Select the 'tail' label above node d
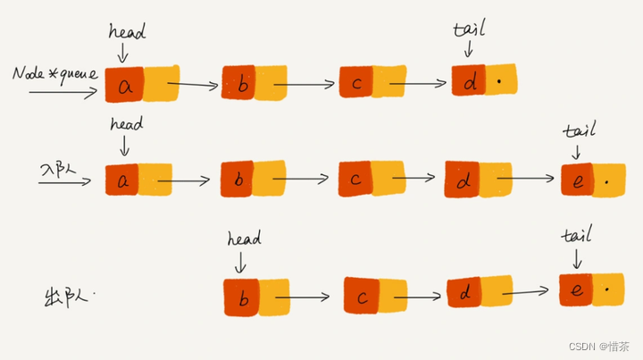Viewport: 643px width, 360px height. pos(470,28)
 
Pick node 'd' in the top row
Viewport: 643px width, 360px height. pos(468,81)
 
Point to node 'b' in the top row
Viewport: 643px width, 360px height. pos(238,85)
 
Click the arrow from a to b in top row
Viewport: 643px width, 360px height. pos(192,87)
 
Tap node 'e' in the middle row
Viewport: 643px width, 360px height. pos(578,181)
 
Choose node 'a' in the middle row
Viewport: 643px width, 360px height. pos(122,180)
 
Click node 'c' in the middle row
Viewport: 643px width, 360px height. pos(355,180)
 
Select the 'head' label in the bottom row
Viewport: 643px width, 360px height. pos(243,239)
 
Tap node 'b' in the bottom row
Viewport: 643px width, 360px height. pos(241,297)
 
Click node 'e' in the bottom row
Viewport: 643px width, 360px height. pos(576,290)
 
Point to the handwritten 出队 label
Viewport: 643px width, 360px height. pos(67,295)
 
